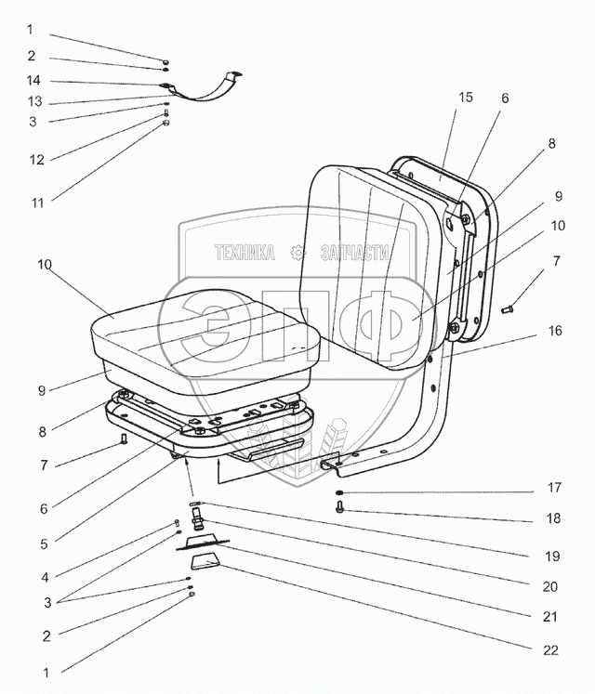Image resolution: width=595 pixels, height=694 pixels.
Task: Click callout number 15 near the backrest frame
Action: (x=465, y=98)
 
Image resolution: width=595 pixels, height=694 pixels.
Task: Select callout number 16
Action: (x=555, y=330)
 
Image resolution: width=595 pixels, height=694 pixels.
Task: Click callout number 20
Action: (x=551, y=586)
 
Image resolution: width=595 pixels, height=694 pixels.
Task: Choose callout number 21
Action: (x=551, y=616)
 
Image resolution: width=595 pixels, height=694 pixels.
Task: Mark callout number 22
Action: (x=551, y=650)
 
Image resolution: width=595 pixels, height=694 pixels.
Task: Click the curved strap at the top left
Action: (x=206, y=93)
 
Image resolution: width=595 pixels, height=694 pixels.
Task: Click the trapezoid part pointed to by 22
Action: (x=205, y=562)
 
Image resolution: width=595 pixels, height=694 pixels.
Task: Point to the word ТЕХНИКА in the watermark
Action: (x=245, y=252)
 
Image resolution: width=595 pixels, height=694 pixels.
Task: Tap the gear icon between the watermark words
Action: (x=297, y=251)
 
